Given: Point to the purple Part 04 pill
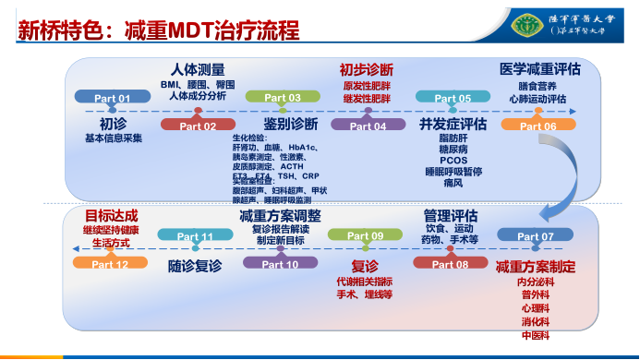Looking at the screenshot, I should pyautogui.click(x=368, y=126).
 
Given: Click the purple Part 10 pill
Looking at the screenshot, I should pyautogui.click(x=280, y=264).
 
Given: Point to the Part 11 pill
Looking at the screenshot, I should pyautogui.click(x=195, y=236).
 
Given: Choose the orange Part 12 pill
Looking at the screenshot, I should pyautogui.click(x=110, y=264).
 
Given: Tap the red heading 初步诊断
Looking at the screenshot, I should pyautogui.click(x=366, y=69).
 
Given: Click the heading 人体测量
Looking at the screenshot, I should pyautogui.click(x=198, y=69).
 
